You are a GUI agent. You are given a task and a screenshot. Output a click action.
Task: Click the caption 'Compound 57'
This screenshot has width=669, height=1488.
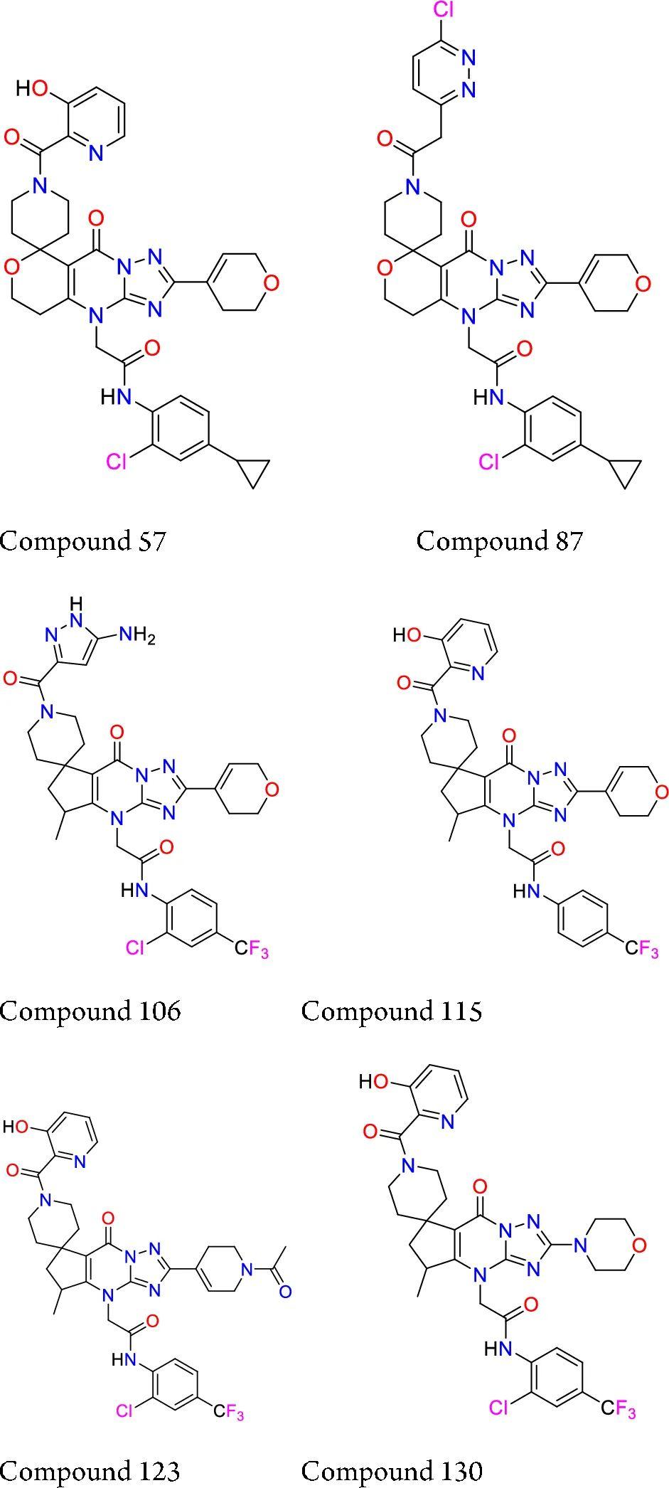82,541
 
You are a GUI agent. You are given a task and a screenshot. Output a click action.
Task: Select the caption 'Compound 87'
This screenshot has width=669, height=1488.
499,541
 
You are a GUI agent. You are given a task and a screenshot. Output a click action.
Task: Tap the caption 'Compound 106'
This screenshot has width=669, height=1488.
90,1011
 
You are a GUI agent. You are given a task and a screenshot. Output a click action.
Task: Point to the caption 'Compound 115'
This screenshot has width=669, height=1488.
391,1011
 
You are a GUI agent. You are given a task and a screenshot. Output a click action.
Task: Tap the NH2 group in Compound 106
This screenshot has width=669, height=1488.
137,634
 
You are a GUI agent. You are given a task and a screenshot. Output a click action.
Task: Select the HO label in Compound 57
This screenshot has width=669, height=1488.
33,88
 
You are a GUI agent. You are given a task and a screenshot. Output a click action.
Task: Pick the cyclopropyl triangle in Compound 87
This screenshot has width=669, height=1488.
626,472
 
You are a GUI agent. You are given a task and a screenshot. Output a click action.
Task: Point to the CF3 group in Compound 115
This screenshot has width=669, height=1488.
642,948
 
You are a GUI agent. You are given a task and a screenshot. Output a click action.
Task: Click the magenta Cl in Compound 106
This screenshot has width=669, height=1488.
137,947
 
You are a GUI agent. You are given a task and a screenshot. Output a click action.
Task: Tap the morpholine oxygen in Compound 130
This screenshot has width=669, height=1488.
639,1245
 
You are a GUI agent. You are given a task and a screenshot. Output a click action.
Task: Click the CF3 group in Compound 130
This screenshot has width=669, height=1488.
618,1408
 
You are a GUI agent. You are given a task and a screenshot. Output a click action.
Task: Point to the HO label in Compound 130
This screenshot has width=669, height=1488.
375,1083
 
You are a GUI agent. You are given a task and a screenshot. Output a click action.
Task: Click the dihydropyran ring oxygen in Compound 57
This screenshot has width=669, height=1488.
270,282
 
